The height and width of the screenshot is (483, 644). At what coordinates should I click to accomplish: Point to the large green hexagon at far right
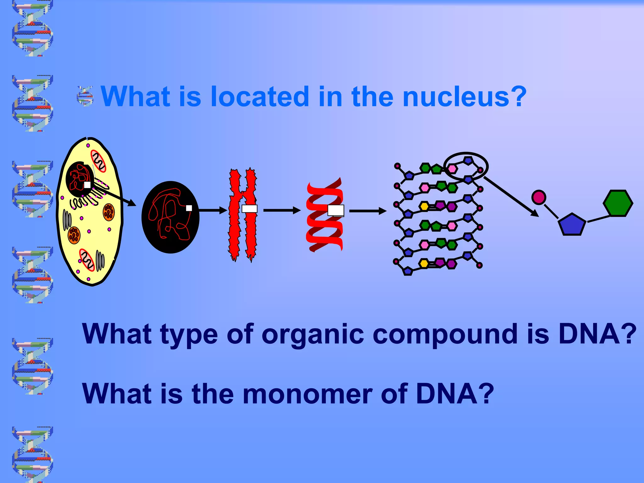618,203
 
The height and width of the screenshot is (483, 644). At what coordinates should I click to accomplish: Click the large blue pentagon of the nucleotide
572,225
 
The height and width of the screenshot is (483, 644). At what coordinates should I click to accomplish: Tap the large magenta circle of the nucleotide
539,197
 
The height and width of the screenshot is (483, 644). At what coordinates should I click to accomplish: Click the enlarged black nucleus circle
170,217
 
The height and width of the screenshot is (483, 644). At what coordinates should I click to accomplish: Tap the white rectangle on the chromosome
249,209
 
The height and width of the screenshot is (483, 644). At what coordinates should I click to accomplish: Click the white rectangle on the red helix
336,210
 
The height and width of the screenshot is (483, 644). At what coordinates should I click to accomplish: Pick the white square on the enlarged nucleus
189,208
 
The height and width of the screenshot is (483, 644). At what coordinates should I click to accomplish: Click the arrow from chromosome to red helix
282,210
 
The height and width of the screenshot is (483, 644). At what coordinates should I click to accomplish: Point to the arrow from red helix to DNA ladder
367,211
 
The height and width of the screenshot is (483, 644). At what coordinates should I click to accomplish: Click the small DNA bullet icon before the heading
85,96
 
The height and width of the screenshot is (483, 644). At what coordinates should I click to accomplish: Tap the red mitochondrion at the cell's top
99,161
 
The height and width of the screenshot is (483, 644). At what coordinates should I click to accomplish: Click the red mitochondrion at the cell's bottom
87,260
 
